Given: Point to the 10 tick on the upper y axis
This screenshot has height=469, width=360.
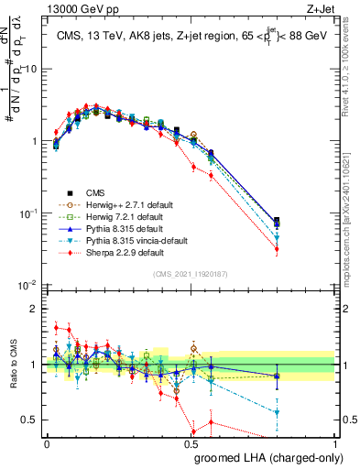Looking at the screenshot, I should (32, 70).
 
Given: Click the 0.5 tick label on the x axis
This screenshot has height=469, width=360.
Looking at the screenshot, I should (191, 443).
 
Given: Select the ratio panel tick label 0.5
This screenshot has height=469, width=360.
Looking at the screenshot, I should (32, 420).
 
